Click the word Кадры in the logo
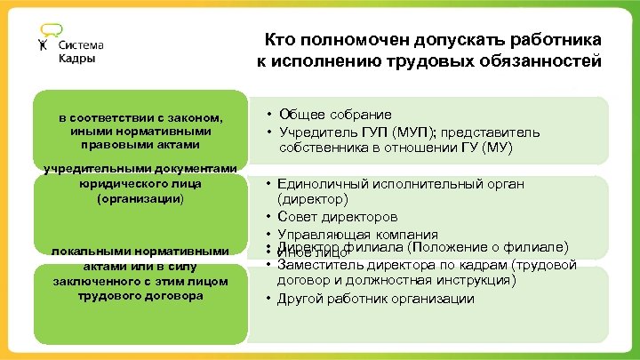77,59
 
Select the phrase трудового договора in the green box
140,295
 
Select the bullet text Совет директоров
338,216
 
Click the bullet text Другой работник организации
376,298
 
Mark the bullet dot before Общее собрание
268,116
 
